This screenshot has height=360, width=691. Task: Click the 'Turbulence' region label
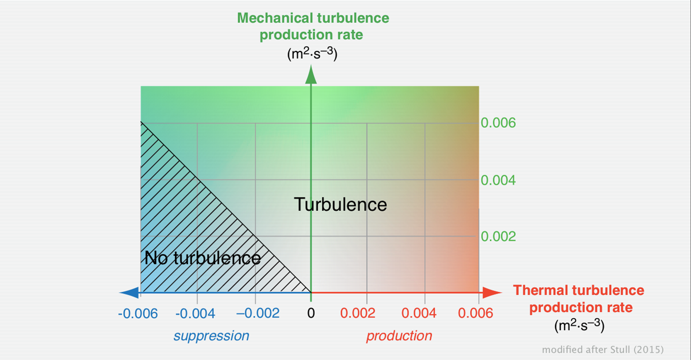click(340, 204)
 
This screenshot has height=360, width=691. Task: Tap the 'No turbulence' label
click(203, 258)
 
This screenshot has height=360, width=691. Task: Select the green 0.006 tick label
click(498, 123)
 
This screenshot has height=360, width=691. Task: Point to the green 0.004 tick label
click(498, 180)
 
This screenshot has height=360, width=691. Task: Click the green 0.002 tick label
click(498, 236)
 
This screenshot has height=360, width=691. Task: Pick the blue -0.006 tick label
click(138, 314)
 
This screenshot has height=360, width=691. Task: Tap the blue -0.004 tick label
click(195, 314)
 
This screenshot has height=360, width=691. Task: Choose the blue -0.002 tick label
click(258, 314)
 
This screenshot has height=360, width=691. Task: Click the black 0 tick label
click(311, 314)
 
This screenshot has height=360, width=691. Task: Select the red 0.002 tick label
click(358, 314)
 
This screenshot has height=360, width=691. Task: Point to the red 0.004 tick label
click(419, 314)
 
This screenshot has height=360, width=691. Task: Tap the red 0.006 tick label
click(475, 314)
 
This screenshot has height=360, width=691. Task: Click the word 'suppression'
click(211, 336)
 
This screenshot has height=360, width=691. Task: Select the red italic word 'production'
click(399, 336)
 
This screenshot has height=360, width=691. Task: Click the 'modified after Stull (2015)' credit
click(603, 350)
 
